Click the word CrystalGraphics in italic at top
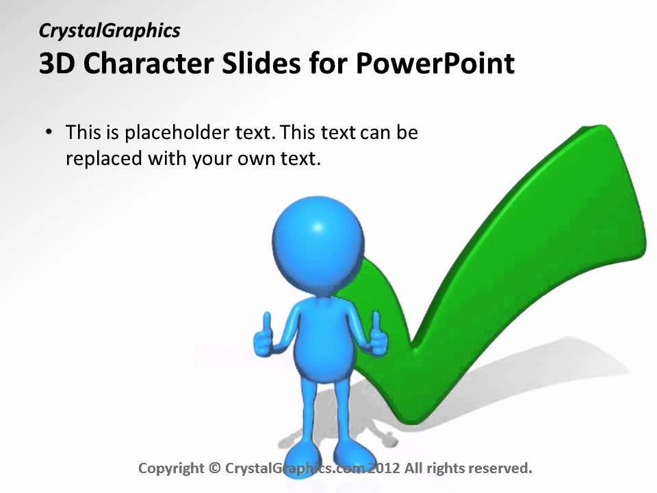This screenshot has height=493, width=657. coord(109,31)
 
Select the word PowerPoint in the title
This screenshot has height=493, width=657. coord(435,64)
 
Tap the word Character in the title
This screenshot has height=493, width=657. coord(143,64)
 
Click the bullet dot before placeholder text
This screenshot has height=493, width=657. coord(48,132)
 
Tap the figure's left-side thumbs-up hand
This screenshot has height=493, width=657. coord(263,338)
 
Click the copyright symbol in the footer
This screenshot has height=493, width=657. coord(214,468)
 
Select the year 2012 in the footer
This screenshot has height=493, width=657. coord(383,468)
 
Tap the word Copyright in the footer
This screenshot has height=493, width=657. coord(171,468)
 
